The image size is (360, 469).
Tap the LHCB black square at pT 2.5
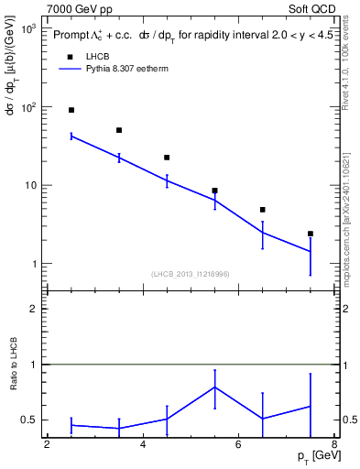coord(71,110)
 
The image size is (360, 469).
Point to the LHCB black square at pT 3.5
coord(119,130)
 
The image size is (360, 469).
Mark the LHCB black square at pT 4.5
coord(167,158)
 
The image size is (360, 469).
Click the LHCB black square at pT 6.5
coord(262,210)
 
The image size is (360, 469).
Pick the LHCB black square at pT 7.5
coord(311,234)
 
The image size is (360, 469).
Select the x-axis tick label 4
coord(143,444)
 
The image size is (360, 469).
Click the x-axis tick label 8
coord(334,444)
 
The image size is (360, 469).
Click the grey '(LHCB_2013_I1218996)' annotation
coord(191,274)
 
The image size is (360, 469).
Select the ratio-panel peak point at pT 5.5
coord(214,387)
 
